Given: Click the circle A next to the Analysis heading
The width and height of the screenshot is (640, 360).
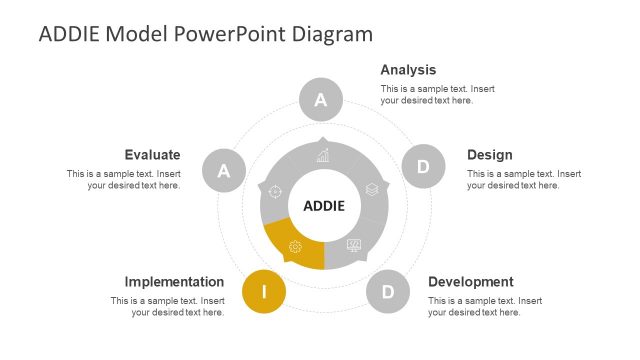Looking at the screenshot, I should tap(321, 99).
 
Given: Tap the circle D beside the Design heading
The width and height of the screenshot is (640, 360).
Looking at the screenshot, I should tap(422, 167).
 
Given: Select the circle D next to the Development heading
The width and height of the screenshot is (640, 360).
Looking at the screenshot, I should tap(387, 292).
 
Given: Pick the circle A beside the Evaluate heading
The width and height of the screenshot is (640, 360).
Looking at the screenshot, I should tap(224, 171).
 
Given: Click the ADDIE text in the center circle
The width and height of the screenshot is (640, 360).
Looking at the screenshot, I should tap(323, 206).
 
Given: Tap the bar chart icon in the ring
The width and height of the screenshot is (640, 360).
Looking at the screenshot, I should tap(323, 155).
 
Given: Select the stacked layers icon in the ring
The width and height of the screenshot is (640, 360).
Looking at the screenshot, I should tap(371, 188).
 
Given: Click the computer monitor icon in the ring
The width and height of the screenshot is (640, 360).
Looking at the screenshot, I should tap(354, 245).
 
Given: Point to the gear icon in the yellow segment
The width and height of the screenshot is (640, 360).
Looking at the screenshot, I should tap(295, 247).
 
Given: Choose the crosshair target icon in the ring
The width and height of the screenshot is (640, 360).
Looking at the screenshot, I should tap(276, 190).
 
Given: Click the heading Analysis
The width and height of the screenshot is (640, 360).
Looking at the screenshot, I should tap(408, 70).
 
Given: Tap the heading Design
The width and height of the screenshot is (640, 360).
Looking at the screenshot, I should tap(489, 155).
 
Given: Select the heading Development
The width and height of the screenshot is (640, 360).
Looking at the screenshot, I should tap(470, 282).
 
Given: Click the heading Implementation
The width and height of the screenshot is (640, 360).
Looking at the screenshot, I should tap(174, 282).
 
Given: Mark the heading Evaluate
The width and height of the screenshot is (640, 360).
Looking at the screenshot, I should tap(152, 155).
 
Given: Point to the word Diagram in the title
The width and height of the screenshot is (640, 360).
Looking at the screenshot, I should tap(333, 34).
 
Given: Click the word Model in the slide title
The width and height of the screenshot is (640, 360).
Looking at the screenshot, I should tap(136, 34).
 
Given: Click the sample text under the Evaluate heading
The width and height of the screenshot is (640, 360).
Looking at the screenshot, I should tap(124, 179).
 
